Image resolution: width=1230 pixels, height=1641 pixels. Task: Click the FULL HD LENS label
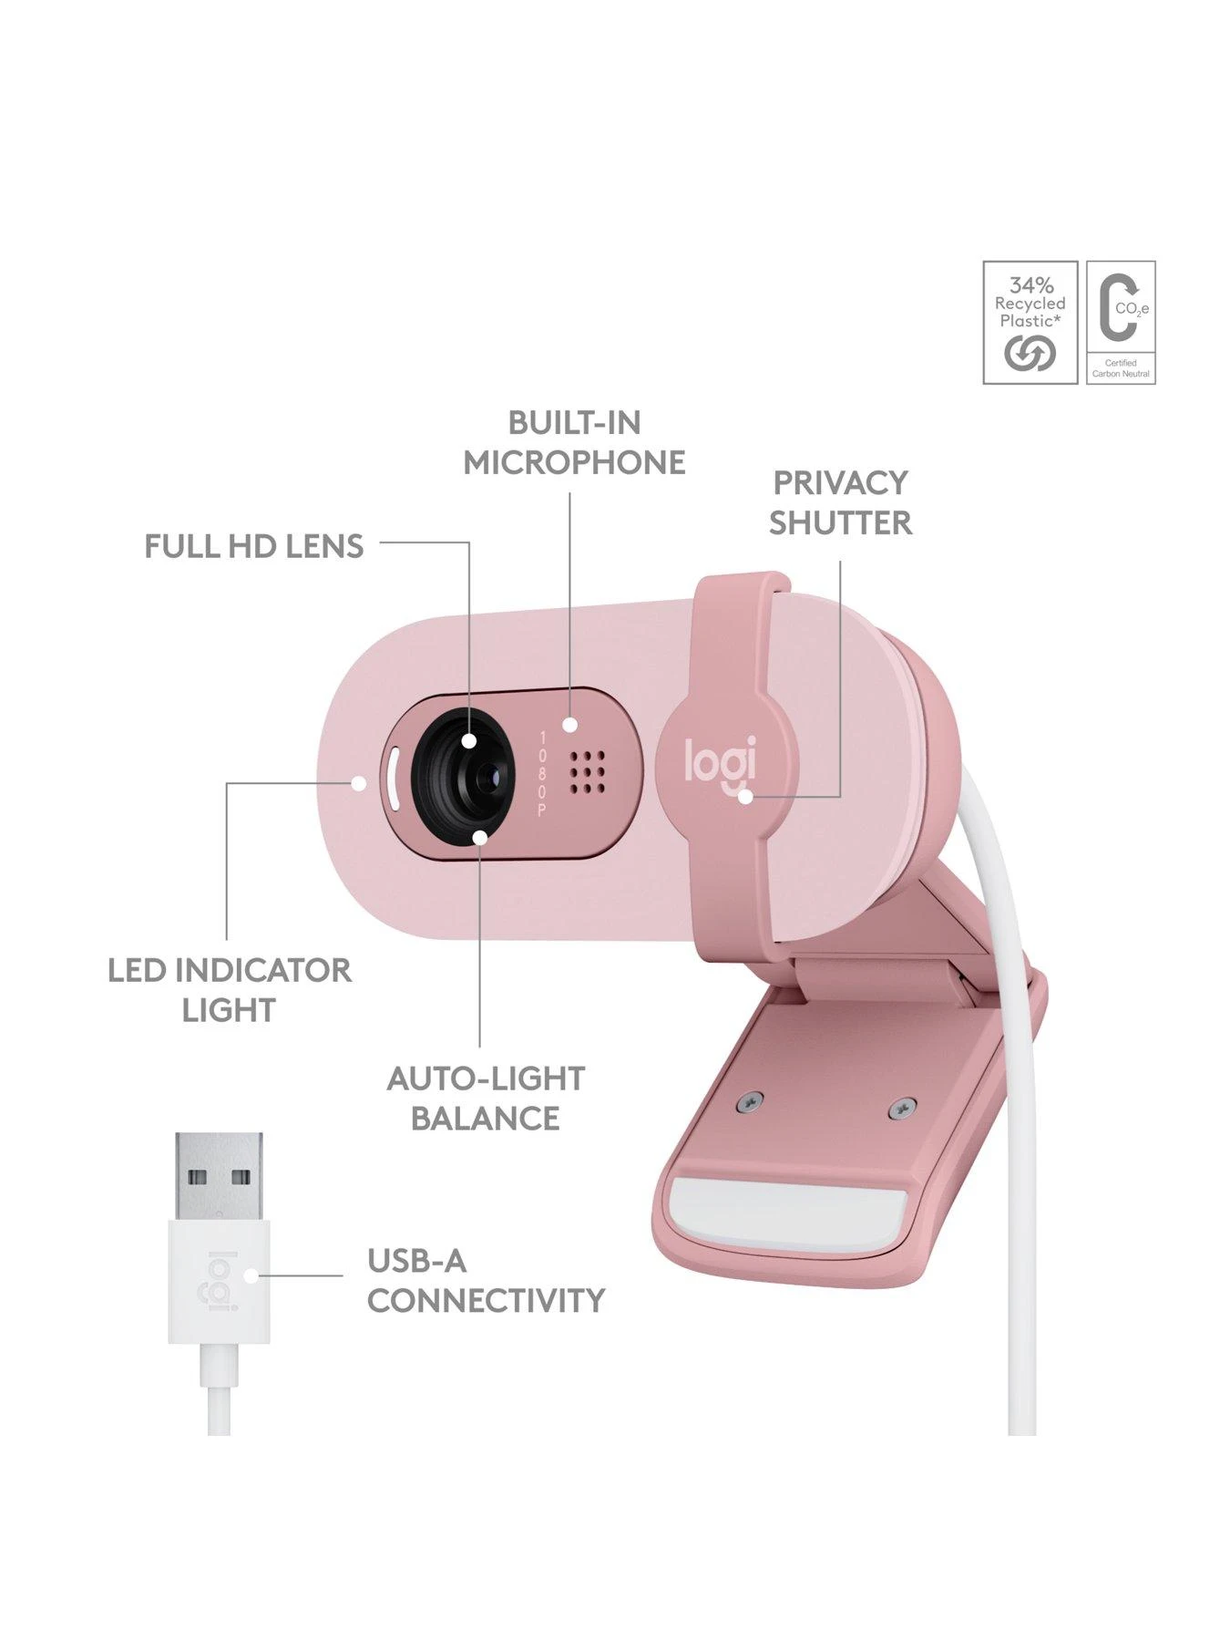[254, 546]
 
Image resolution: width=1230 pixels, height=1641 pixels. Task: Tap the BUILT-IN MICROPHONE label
[574, 442]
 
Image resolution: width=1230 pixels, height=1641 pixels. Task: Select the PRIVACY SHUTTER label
[840, 502]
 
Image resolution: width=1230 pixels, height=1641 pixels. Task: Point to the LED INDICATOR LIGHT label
[229, 990]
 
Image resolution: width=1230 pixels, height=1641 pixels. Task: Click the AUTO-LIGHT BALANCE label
[486, 1098]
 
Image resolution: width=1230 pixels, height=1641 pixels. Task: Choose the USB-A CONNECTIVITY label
[486, 1280]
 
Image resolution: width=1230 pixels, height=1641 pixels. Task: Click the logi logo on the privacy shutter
[720, 759]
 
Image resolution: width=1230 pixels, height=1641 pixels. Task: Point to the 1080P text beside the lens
[542, 773]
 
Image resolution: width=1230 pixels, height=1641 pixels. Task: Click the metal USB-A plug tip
[219, 1177]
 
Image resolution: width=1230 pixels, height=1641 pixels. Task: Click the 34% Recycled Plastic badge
[1030, 322]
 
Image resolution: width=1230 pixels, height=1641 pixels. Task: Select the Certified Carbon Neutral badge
[1121, 322]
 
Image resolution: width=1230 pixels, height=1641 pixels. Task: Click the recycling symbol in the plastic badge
[1030, 353]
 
